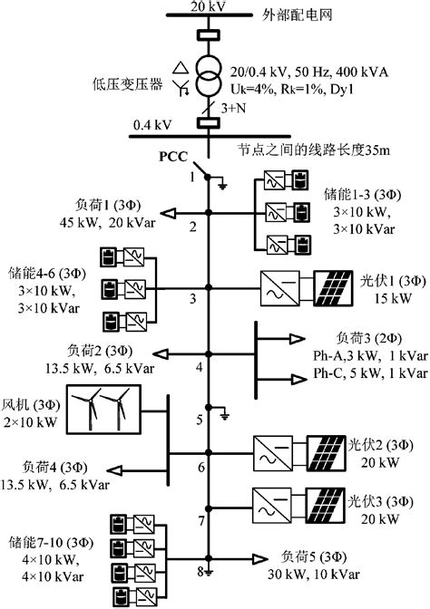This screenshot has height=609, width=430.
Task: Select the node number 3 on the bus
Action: pos(193,297)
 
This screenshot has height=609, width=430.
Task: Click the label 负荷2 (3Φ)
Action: pos(97,349)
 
